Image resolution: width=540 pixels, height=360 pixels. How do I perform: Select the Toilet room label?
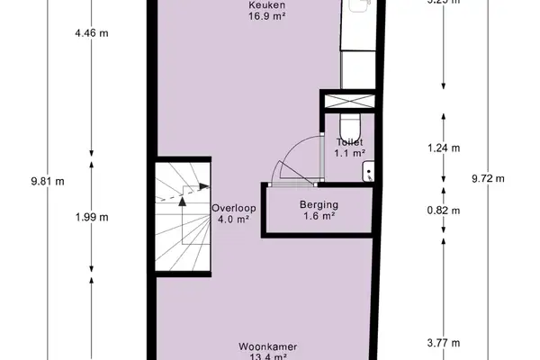[349, 142]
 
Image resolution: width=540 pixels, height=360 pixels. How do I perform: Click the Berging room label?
[319, 204]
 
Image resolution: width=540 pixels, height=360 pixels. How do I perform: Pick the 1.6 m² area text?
[319, 216]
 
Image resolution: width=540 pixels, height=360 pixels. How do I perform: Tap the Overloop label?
[234, 208]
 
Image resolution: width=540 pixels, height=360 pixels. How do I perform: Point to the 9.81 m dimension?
[47, 180]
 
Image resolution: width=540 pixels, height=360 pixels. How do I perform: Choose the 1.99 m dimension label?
[92, 216]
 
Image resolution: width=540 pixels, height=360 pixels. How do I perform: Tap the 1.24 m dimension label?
[443, 148]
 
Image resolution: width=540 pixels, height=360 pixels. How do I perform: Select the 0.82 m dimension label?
[443, 211]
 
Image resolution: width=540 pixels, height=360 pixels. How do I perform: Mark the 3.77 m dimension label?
[443, 342]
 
